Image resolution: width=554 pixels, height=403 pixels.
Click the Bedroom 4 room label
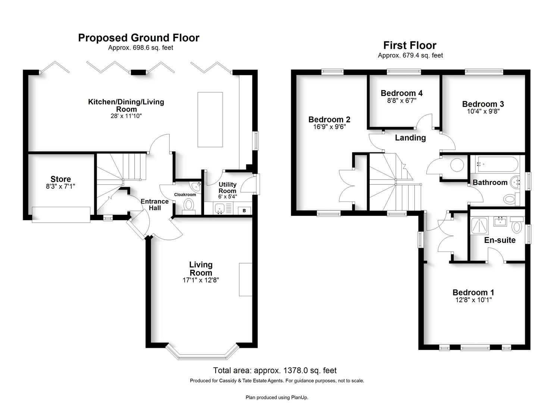[402, 93]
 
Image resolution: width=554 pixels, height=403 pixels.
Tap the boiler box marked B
[244, 210]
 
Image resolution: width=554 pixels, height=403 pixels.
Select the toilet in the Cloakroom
[189, 207]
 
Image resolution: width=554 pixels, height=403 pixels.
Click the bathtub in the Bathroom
[498, 164]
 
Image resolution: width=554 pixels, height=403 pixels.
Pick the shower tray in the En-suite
[479, 225]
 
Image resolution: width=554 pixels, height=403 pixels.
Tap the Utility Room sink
[219, 208]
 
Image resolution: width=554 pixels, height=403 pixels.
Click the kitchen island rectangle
[210, 120]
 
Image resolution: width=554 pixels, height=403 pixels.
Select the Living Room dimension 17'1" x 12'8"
[201, 280]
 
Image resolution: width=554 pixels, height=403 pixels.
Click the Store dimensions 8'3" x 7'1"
[60, 186]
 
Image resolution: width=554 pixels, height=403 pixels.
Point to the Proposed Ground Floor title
[138, 38]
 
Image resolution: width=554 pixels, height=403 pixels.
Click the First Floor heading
[410, 46]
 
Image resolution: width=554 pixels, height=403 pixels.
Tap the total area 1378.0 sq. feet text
[275, 370]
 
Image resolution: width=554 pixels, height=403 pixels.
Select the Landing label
[410, 138]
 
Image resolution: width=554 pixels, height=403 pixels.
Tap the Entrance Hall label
[155, 204]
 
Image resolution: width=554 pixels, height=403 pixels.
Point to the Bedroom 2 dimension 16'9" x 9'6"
[329, 127]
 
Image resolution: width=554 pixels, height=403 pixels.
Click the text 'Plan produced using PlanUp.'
[277, 397]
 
